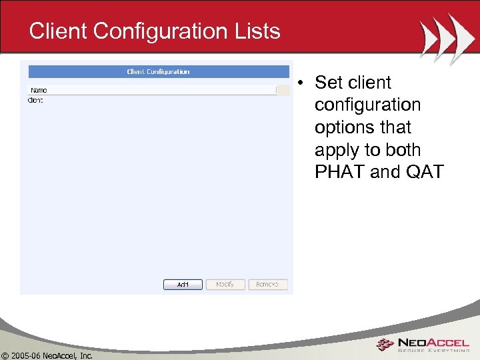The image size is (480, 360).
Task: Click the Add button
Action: (183, 285)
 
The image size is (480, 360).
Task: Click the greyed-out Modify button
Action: (225, 285)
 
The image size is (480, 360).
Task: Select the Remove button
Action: (267, 285)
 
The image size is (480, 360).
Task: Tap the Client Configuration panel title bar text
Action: (158, 71)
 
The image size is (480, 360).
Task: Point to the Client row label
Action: (35, 100)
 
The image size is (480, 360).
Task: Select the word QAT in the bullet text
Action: (424, 172)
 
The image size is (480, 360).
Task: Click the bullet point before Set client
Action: (301, 83)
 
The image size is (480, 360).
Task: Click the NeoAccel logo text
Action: (433, 342)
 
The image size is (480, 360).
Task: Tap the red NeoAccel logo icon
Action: (385, 345)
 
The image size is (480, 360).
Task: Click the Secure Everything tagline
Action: (433, 351)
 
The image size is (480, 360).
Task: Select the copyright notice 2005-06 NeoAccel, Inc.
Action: (47, 355)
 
